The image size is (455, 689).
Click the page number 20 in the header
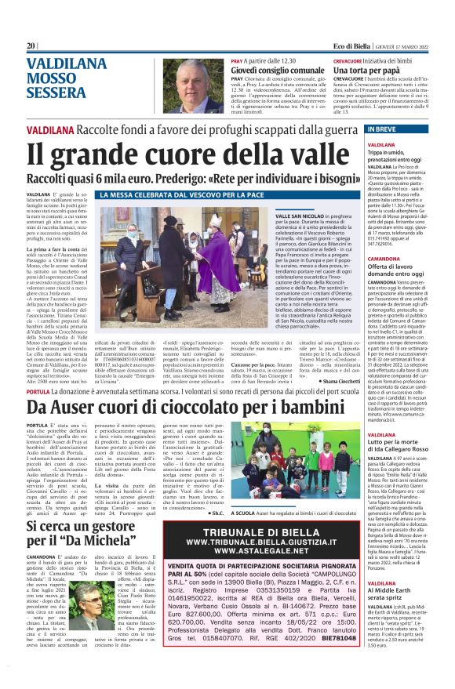31,45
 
